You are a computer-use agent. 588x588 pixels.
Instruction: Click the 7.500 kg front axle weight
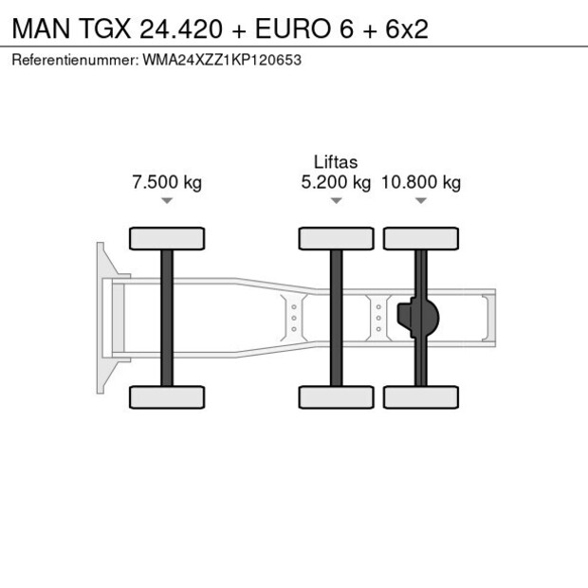[x=166, y=183]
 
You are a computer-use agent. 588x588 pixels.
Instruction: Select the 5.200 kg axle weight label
[x=336, y=183]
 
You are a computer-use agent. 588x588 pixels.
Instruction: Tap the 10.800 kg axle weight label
[x=421, y=183]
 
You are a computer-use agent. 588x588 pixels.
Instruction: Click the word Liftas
[x=336, y=162]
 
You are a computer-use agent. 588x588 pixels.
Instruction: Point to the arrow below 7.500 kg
[x=166, y=201]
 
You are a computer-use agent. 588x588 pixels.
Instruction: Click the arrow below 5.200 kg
[x=336, y=201]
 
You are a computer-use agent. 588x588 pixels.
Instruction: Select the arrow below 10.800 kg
[x=421, y=201]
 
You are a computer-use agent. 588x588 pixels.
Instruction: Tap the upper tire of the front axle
[x=166, y=238]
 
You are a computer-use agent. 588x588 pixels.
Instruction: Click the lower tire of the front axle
[x=166, y=396]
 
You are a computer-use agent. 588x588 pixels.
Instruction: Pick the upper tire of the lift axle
[x=336, y=238]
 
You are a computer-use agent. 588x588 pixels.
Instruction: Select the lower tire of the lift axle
[x=336, y=396]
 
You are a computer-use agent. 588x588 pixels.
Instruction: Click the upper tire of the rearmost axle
[x=421, y=238]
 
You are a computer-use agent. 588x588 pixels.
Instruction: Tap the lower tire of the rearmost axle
[x=421, y=396]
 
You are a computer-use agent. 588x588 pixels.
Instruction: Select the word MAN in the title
[x=37, y=28]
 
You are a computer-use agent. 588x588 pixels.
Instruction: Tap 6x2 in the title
[x=406, y=28]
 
